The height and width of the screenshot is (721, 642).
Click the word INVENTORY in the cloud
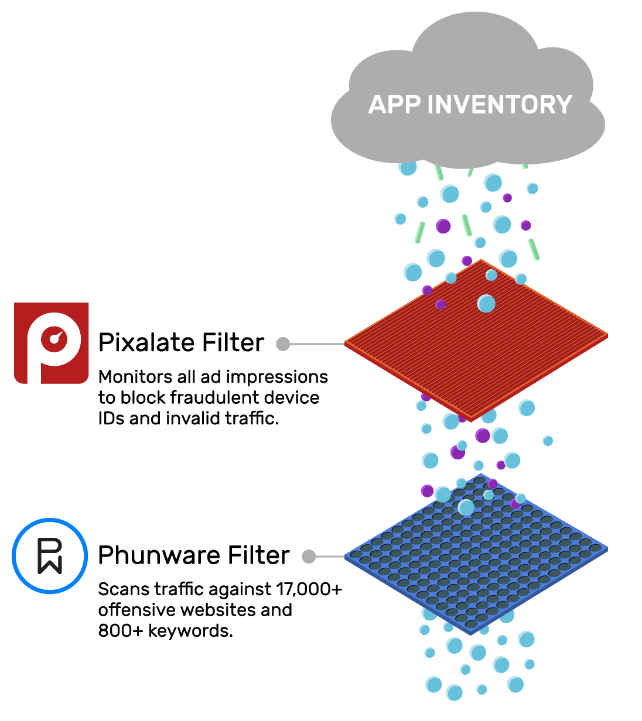500,105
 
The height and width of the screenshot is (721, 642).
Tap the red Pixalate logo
52,343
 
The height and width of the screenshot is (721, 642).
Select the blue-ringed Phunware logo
50,555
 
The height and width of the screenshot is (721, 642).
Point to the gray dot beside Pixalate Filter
283,344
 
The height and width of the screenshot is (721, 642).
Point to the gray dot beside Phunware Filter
309,557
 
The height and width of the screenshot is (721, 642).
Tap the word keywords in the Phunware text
190,631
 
